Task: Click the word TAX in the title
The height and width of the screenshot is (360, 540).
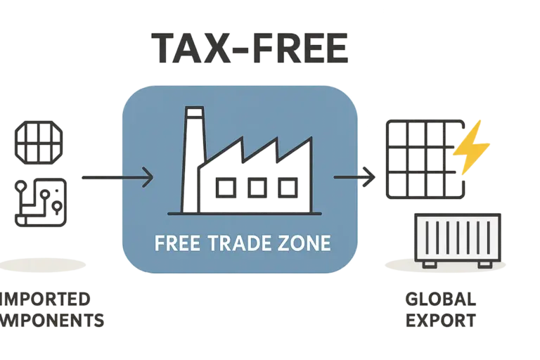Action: click(184, 47)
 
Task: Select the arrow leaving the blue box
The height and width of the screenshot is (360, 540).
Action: click(354, 177)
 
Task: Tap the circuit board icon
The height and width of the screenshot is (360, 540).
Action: click(41, 202)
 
